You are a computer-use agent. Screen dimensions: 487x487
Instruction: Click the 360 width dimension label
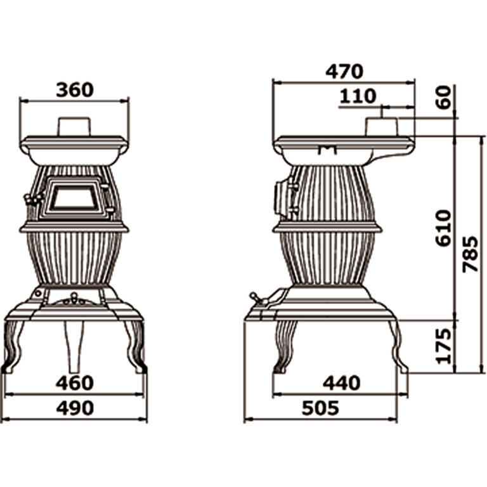coord(75,89)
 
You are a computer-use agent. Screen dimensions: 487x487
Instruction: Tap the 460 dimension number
coord(75,382)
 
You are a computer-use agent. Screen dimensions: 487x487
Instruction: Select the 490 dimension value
coord(75,408)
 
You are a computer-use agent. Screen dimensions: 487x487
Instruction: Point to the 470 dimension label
coord(344,72)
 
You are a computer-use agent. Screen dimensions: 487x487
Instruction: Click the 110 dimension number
coord(358,96)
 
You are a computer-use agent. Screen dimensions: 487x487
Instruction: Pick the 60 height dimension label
coord(443,97)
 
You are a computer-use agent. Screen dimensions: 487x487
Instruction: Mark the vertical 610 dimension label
coord(443,228)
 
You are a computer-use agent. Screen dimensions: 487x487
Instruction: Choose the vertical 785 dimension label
coord(470,254)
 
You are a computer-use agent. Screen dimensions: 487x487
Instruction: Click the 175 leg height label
coord(443,346)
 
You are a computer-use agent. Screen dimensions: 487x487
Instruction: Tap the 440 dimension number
coord(342,382)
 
